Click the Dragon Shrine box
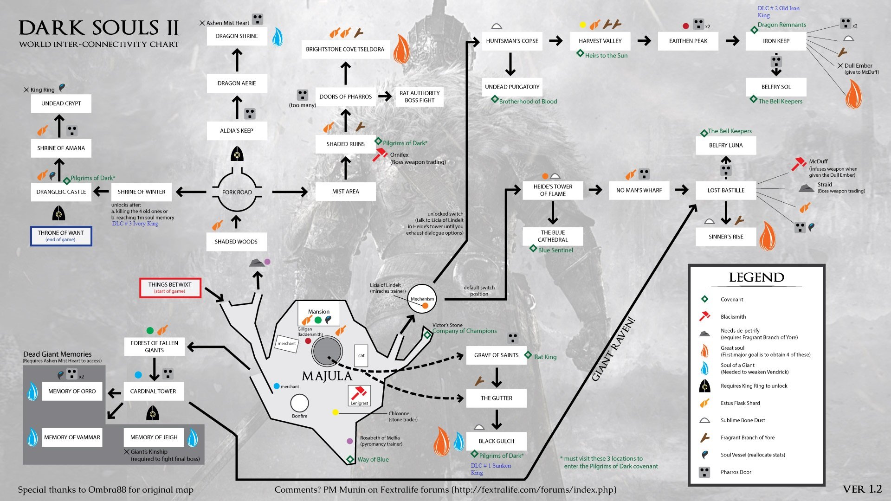click(237, 36)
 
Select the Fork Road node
click(237, 192)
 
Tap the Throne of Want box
click(61, 236)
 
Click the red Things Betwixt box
click(170, 288)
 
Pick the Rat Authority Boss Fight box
click(420, 96)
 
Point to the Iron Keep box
click(776, 41)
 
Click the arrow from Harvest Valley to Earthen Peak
click(644, 41)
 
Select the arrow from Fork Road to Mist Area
click(290, 192)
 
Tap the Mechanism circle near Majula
click(422, 299)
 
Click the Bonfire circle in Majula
click(299, 403)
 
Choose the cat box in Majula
click(361, 355)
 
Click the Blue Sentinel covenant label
click(555, 250)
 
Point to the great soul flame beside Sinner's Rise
click(767, 236)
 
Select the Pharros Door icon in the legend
click(704, 472)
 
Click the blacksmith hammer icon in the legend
click(704, 316)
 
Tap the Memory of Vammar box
click(72, 437)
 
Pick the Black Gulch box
click(497, 441)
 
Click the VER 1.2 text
click(862, 489)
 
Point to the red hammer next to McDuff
click(799, 164)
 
